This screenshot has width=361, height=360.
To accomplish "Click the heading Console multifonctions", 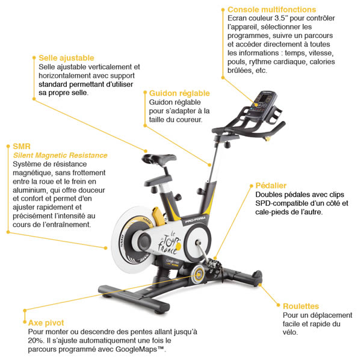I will pos(271,10).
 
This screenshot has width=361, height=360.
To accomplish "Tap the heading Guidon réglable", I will pos(179,93).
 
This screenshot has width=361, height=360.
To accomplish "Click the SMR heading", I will pos(22,146).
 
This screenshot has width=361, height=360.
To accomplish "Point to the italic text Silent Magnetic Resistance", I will pos(60,155).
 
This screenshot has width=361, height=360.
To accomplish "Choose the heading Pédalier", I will pos(271,185).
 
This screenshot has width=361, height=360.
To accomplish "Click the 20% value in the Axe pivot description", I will pos(37,341).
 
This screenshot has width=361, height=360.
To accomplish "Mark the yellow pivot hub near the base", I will pos(197,276).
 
